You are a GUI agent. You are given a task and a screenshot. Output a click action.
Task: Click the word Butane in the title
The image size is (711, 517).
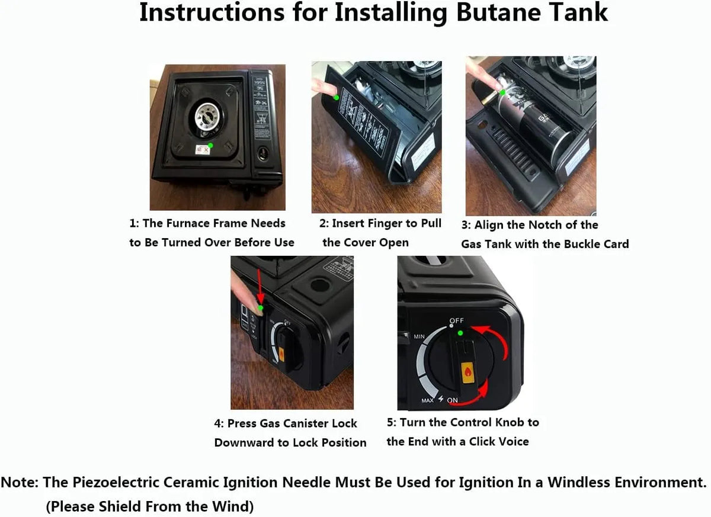tap(498, 12)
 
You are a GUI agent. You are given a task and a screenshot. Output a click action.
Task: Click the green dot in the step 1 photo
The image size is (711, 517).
tap(210, 145)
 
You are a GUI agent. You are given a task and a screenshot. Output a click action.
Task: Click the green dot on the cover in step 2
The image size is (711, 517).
tap(336, 98)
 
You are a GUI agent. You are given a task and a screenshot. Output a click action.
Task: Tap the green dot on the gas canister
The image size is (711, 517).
tap(502, 92)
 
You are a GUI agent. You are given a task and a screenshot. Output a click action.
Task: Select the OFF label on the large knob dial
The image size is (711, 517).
tap(457, 320)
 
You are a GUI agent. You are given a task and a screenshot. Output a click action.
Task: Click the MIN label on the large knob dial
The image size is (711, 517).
tap(419, 336)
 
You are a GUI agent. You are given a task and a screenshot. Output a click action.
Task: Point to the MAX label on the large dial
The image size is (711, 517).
tap(427, 400)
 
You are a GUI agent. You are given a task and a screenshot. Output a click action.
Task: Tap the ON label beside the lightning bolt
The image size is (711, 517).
tap(452, 400)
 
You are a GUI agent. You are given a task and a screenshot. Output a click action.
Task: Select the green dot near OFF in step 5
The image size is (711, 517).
tap(460, 333)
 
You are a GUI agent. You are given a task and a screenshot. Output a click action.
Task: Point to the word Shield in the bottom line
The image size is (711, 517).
tap(117, 506)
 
